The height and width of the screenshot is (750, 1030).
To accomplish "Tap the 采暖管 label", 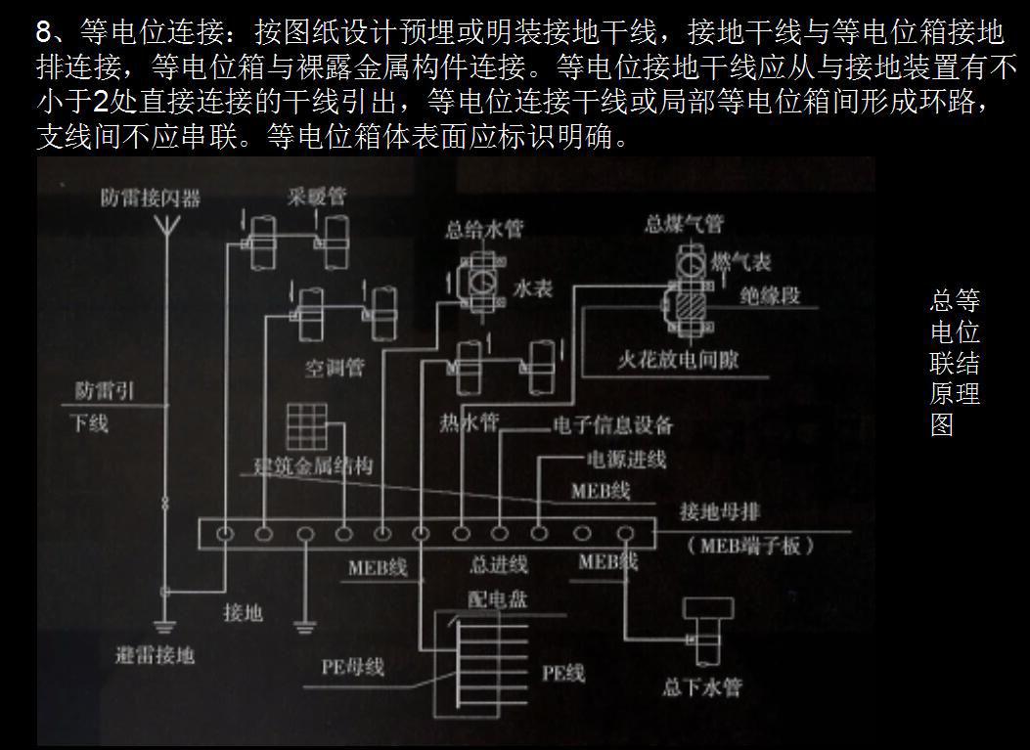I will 316,196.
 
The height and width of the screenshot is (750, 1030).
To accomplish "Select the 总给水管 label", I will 483,230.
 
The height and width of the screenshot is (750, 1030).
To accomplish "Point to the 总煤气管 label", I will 683,225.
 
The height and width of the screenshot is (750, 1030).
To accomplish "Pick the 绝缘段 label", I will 769,295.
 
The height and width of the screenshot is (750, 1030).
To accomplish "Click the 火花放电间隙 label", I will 677,360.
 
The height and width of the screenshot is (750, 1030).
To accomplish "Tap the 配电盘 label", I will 498,599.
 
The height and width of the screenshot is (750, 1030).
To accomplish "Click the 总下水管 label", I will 701,686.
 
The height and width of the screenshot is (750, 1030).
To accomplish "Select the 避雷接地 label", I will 155,654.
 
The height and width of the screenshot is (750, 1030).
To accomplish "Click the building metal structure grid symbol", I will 306,425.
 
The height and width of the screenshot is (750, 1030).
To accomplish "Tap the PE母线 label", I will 352,667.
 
